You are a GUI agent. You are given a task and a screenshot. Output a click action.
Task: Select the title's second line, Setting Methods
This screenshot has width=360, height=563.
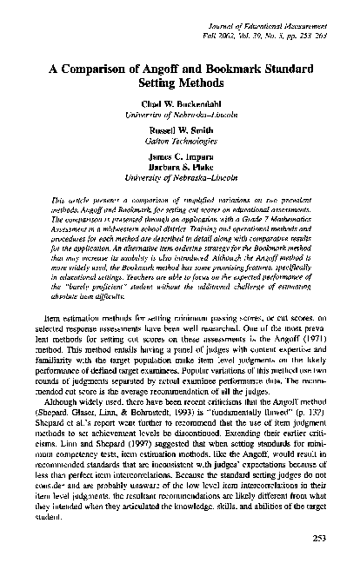point(180,87)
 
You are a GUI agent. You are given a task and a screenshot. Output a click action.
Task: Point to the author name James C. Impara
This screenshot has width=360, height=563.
point(180,161)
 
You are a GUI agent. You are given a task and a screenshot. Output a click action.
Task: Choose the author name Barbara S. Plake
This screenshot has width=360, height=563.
point(180,170)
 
